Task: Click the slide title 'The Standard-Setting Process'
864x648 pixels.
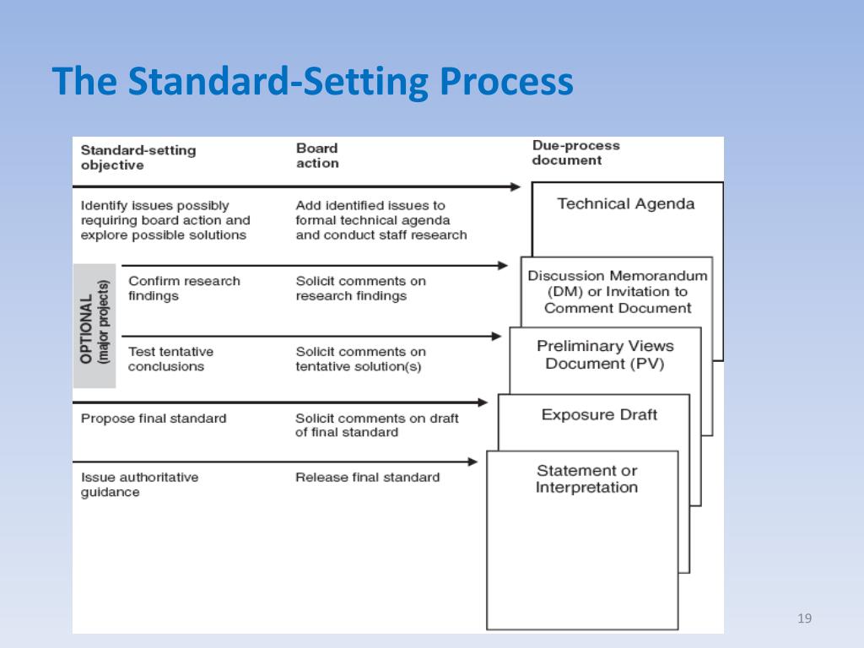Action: pyautogui.click(x=312, y=83)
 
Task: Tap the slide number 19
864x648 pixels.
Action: pyautogui.click(x=803, y=620)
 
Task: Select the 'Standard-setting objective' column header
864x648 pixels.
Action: pyautogui.click(x=138, y=158)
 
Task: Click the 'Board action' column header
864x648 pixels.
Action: pyautogui.click(x=317, y=156)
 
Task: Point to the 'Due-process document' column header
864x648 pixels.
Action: pyautogui.click(x=575, y=153)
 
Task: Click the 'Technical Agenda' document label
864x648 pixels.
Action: pyautogui.click(x=625, y=203)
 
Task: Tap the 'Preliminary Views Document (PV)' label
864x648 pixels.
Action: pyautogui.click(x=604, y=355)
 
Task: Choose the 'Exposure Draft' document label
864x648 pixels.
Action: pyautogui.click(x=599, y=415)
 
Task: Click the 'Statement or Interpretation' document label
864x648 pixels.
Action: pyautogui.click(x=586, y=479)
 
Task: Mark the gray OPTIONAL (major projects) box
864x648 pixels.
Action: pyautogui.click(x=94, y=327)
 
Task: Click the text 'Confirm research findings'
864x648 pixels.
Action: pyautogui.click(x=183, y=289)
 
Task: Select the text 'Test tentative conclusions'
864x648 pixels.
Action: pyautogui.click(x=170, y=359)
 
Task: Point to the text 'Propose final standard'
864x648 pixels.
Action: pyautogui.click(x=154, y=418)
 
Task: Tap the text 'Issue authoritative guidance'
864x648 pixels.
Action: pyautogui.click(x=139, y=484)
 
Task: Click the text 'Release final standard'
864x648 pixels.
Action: pyautogui.click(x=367, y=478)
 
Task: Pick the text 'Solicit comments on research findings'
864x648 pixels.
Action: pyautogui.click(x=360, y=289)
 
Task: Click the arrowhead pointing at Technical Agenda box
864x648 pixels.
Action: pyautogui.click(x=516, y=187)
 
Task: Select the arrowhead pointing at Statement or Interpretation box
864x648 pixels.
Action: pyautogui.click(x=472, y=462)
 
